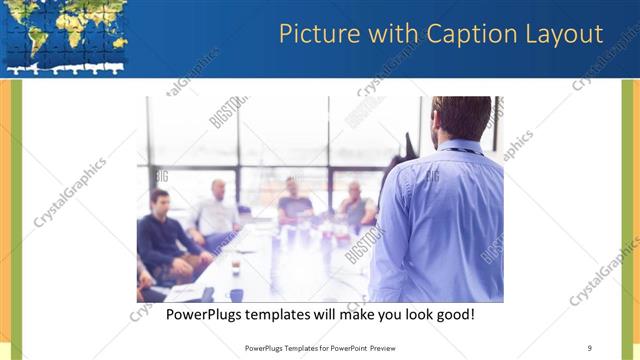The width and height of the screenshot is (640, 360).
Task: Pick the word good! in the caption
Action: pyautogui.click(x=451, y=315)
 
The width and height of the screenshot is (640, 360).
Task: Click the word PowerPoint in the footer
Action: pyautogui.click(x=344, y=348)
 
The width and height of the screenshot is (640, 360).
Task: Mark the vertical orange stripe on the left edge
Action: pyautogui.click(x=4, y=220)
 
